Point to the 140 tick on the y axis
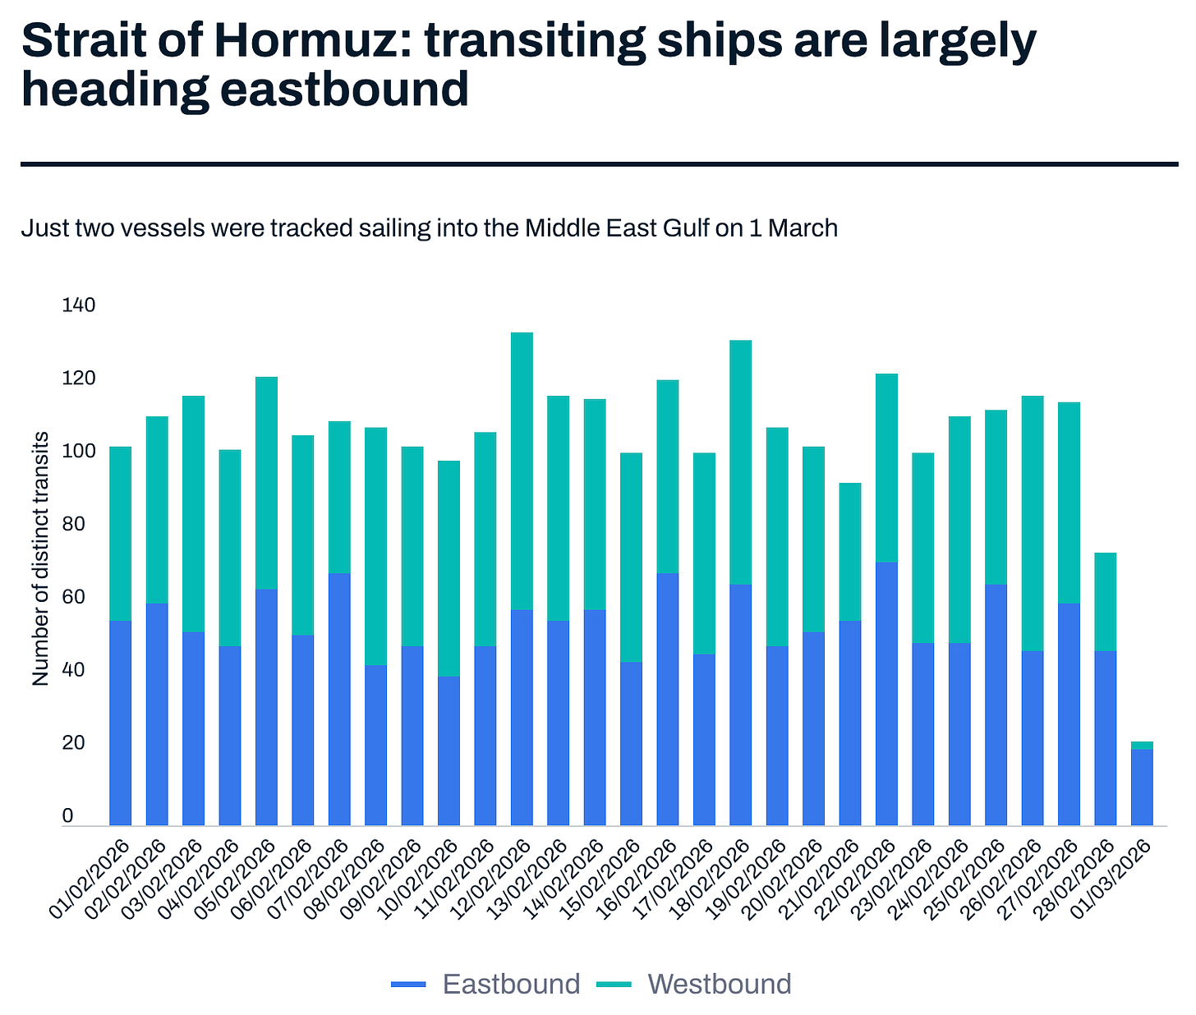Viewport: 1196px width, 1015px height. pyautogui.click(x=79, y=305)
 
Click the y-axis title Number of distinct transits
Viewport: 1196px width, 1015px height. pyautogui.click(x=41, y=558)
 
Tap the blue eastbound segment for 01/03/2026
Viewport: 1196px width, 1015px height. pyautogui.click(x=1142, y=787)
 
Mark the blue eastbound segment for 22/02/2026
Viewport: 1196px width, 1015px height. pyautogui.click(x=886, y=694)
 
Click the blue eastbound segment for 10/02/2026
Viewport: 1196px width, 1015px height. pyautogui.click(x=448, y=751)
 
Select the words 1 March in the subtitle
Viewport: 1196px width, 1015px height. pyautogui.click(x=793, y=227)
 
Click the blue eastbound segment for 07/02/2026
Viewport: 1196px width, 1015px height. pyautogui.click(x=339, y=699)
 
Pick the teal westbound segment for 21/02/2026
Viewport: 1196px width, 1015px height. pyautogui.click(x=850, y=551)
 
